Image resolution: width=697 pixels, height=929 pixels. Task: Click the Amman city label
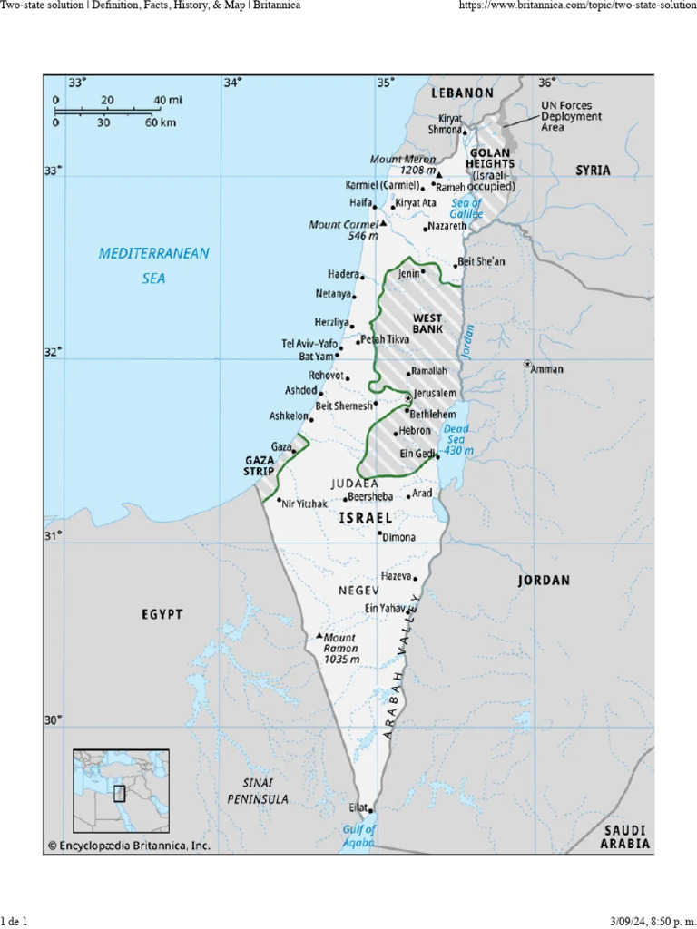coord(547,369)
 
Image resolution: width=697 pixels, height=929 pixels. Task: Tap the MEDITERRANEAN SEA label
coord(153,266)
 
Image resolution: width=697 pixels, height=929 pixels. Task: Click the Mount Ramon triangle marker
coord(319,636)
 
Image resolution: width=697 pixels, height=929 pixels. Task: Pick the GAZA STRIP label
coord(259,466)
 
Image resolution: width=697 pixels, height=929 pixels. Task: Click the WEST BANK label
coord(427,324)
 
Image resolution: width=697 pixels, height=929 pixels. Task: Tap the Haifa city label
coord(361,203)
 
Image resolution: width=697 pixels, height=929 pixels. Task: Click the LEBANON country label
coord(462,93)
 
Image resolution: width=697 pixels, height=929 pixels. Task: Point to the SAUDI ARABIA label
coord(626,836)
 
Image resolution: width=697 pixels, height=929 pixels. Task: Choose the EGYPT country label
coord(162,614)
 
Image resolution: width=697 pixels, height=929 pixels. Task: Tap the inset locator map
coord(121,791)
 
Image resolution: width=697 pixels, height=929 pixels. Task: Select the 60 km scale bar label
coord(160,122)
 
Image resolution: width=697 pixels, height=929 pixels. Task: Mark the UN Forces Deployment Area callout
coord(571,116)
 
